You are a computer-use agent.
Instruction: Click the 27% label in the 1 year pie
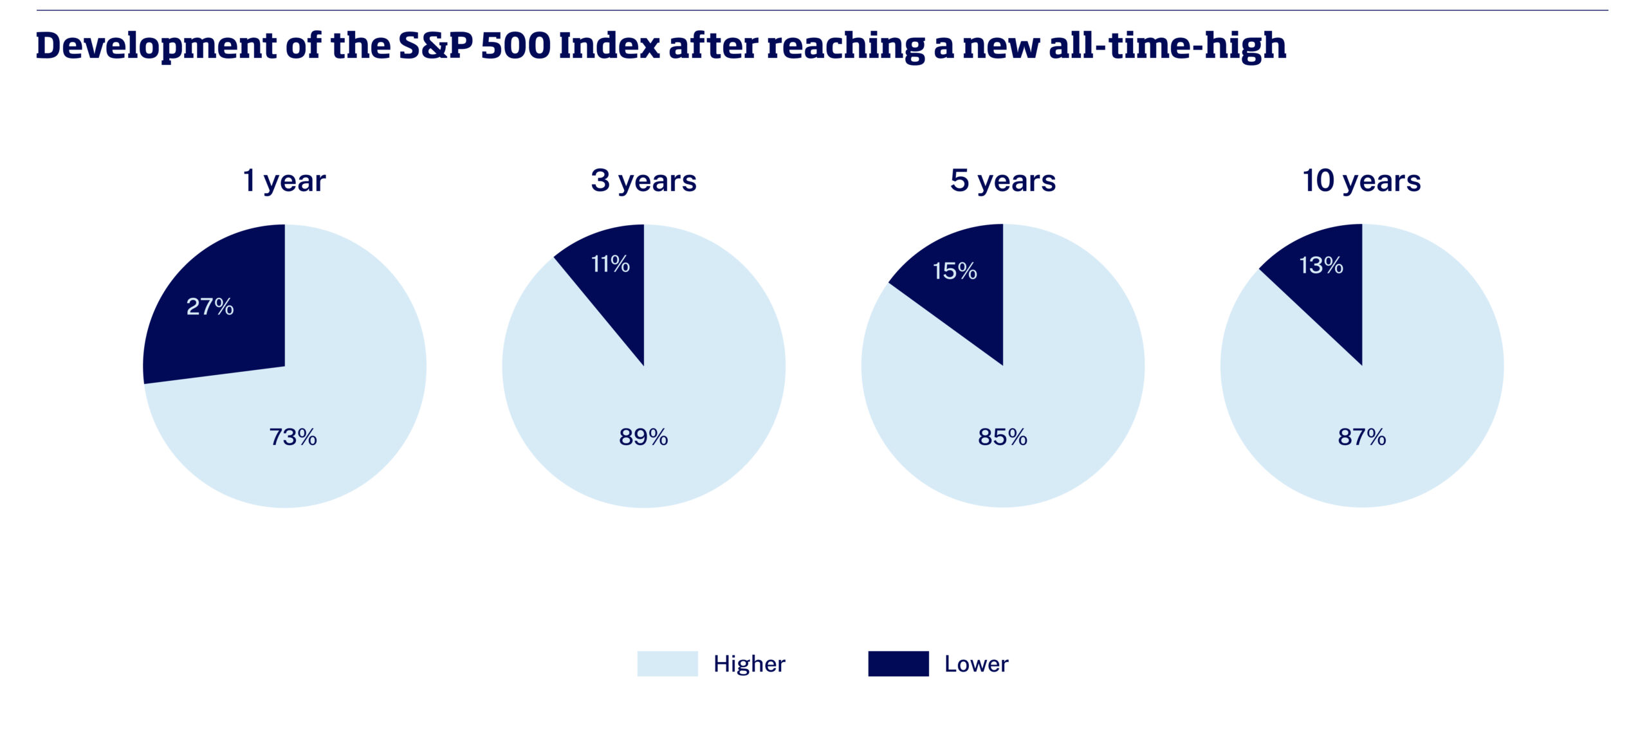point(210,306)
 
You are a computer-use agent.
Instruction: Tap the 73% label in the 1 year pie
point(293,437)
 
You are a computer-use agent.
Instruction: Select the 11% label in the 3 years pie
point(610,264)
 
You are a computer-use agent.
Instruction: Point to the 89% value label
point(643,437)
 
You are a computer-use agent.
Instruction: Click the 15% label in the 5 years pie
point(955,271)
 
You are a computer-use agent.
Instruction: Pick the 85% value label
point(1002,437)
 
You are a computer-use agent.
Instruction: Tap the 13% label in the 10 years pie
point(1321,265)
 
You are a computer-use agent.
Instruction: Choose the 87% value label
point(1362,437)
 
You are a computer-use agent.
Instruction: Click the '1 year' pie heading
point(284,181)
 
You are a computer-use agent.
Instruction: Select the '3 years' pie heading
point(643,181)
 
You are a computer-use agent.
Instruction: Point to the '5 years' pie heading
point(1003,181)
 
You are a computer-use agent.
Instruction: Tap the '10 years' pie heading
point(1362,181)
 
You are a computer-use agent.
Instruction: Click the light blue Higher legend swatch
point(667,663)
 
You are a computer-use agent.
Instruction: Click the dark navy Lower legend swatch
point(898,663)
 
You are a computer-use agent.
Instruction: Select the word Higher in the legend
point(750,664)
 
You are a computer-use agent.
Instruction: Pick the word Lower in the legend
point(977,664)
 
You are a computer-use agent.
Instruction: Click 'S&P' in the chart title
point(436,46)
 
